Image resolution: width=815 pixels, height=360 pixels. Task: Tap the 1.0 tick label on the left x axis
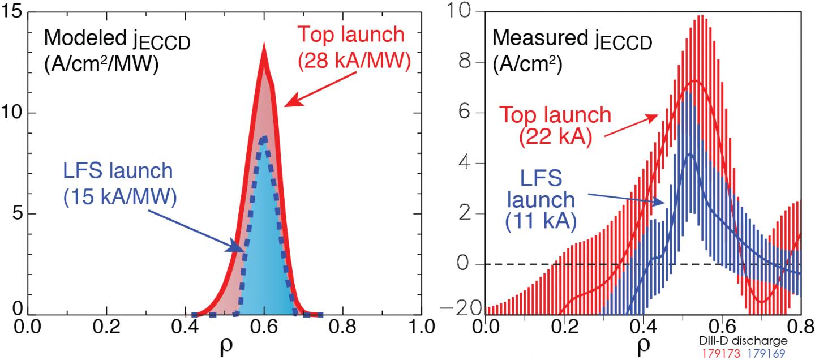421,327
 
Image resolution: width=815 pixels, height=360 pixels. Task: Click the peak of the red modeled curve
263,48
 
